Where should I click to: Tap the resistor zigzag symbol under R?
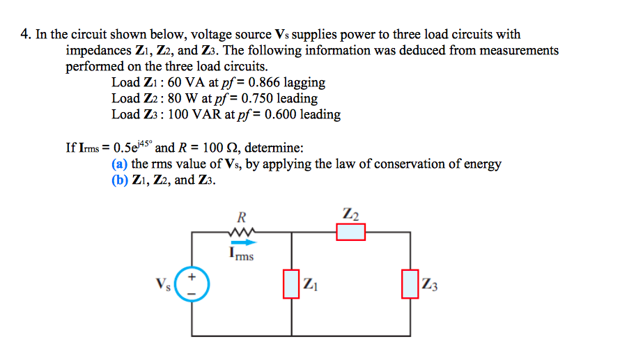click(x=241, y=233)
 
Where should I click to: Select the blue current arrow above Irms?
click(x=242, y=242)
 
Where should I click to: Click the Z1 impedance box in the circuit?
click(x=290, y=284)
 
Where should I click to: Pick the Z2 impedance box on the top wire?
click(x=350, y=232)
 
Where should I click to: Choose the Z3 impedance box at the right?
click(x=410, y=284)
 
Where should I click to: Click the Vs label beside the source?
click(x=164, y=285)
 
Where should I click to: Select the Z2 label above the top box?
click(x=351, y=212)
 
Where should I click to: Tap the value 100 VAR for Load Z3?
click(x=203, y=115)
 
